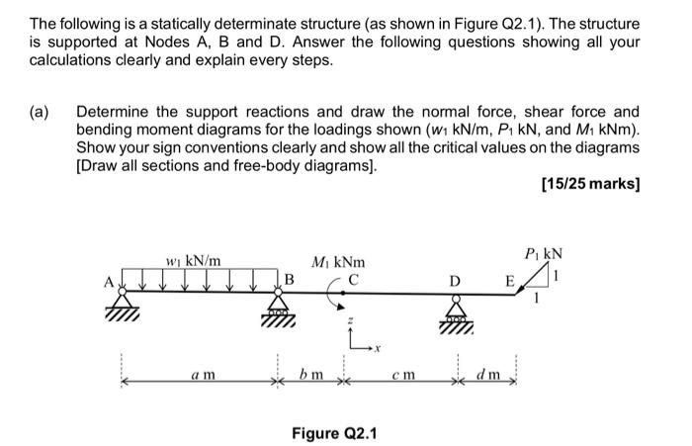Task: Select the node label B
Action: coord(290,279)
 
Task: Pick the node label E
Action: coord(511,280)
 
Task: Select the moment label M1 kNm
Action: coord(337,262)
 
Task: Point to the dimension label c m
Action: coord(401,376)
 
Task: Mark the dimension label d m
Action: coord(488,376)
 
